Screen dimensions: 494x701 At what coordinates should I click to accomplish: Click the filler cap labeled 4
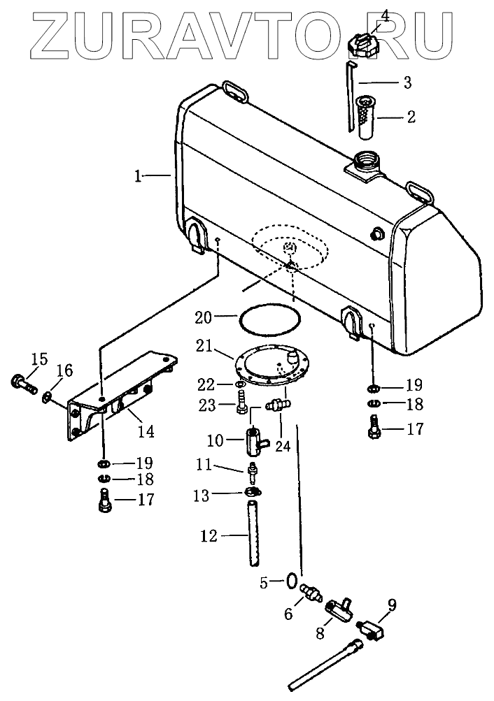363,45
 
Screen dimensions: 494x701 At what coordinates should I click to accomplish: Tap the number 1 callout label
138,176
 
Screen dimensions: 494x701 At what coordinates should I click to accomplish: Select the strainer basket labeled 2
368,116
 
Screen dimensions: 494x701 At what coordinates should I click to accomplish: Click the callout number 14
146,431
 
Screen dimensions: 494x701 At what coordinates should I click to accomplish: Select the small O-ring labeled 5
291,581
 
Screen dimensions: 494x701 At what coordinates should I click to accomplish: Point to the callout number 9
392,605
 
